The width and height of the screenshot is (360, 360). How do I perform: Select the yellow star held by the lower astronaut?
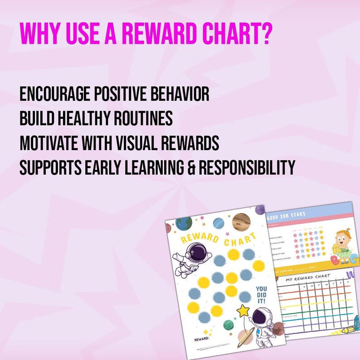click(243, 311)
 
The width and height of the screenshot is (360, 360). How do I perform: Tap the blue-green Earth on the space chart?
click(184, 224)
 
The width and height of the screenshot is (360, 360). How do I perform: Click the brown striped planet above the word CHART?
click(241, 222)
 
